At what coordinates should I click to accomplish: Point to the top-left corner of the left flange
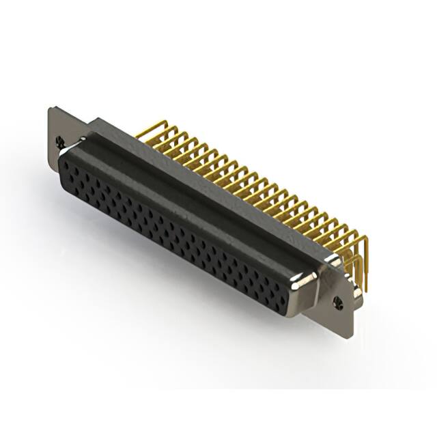tap(51, 108)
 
